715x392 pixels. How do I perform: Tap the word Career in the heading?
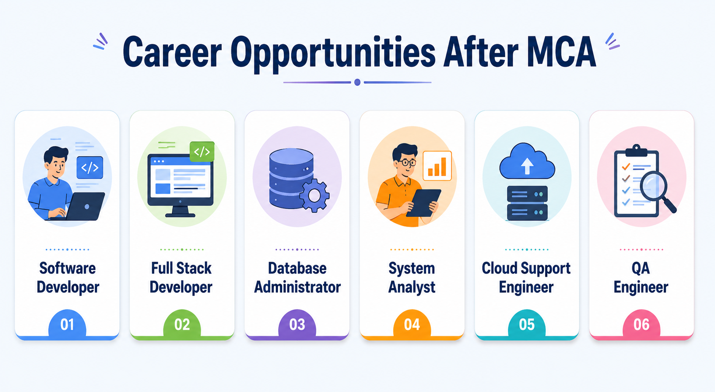coord(172,52)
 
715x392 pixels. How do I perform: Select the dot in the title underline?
coord(357,82)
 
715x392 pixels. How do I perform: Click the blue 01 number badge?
coord(67,323)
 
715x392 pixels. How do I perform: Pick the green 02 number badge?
coord(182,323)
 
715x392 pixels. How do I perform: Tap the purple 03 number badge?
coord(297,323)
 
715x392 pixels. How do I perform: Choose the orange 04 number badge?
coord(412,323)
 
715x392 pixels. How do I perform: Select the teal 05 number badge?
coord(527,323)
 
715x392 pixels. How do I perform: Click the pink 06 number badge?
coord(642,323)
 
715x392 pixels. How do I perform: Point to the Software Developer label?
coord(68,278)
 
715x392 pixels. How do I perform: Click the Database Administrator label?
coord(297,278)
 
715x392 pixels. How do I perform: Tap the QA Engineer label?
coord(641,278)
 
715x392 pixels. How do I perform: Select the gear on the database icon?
coord(314,195)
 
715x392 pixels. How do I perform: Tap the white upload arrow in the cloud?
coord(527,166)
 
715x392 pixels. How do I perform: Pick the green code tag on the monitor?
coord(202,151)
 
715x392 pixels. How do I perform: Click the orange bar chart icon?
coord(437,166)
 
